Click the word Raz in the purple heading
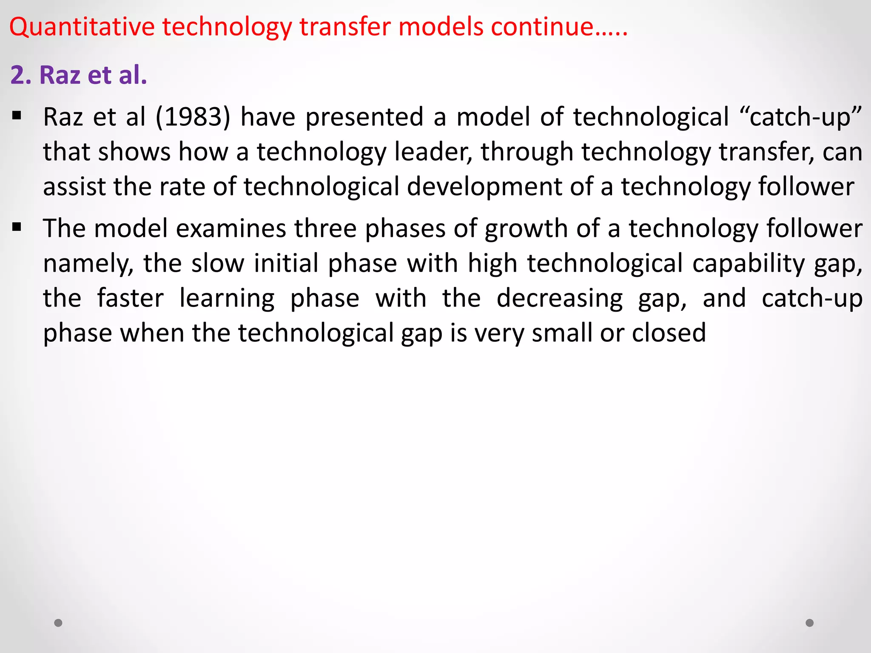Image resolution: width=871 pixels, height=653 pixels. pyautogui.click(x=60, y=75)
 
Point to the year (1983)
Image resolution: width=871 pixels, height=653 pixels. pyautogui.click(x=193, y=117)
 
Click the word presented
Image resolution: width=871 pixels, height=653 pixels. pyautogui.click(x=364, y=117)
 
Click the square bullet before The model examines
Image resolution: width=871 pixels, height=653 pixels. pyautogui.click(x=17, y=227)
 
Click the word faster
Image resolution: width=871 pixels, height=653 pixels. pyautogui.click(x=130, y=298)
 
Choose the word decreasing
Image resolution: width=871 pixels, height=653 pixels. pyautogui.click(x=559, y=298)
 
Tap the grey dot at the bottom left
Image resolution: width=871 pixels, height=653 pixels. pyautogui.click(x=58, y=623)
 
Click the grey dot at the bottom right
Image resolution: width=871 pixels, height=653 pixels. pyautogui.click(x=810, y=623)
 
